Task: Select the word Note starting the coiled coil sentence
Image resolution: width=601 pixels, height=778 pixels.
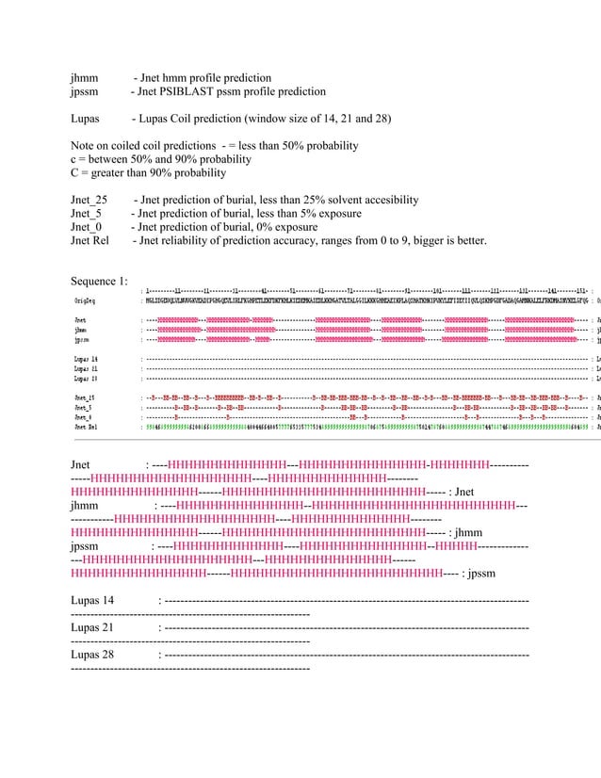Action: point(85,146)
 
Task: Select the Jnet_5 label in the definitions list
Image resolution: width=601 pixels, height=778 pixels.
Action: point(87,214)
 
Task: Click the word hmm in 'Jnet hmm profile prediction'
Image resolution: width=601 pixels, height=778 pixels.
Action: point(171,78)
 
